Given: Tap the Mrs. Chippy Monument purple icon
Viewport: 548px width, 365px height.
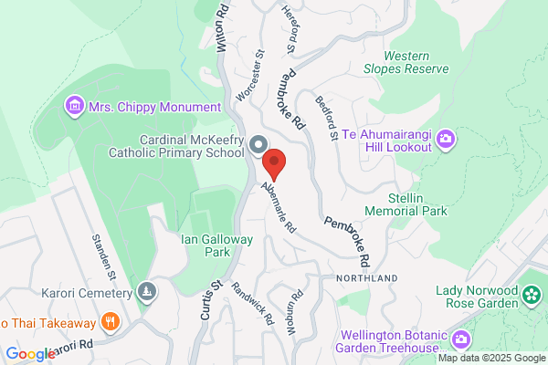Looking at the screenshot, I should [x=74, y=107].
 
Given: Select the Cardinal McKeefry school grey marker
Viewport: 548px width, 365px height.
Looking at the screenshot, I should [x=258, y=145].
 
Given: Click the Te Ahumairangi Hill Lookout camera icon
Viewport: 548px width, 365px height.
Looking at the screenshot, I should [x=446, y=139].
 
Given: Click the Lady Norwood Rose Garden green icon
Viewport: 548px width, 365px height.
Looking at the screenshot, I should [x=531, y=294].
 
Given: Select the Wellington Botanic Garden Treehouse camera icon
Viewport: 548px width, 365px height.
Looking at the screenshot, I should [x=461, y=339].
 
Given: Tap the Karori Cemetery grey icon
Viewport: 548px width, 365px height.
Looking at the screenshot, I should [x=146, y=292].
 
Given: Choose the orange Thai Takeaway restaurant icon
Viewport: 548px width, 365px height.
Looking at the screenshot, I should [x=111, y=321].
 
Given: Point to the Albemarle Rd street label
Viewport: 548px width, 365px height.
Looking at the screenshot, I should [x=279, y=206].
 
